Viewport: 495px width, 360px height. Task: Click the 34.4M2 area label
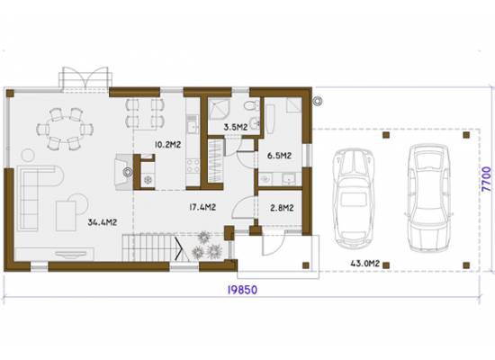103,222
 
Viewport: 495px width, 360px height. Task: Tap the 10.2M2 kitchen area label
167,145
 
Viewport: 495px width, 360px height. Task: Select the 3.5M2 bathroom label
236,127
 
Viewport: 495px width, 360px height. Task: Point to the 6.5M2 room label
279,156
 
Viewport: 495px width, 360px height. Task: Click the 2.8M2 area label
282,208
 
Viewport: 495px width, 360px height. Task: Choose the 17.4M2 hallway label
202,207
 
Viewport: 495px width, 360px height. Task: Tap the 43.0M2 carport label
365,263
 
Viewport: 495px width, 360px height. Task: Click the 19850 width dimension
242,290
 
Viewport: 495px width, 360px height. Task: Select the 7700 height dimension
487,179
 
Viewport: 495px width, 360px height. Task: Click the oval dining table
65,130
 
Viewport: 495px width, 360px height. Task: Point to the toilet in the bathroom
252,105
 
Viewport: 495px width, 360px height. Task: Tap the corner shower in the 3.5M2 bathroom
219,109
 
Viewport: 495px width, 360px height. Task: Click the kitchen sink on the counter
192,127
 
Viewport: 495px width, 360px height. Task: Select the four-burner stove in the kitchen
193,166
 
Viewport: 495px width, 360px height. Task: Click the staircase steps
148,247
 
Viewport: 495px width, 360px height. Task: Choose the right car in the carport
428,198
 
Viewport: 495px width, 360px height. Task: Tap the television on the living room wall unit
71,254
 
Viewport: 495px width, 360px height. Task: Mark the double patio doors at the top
85,79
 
